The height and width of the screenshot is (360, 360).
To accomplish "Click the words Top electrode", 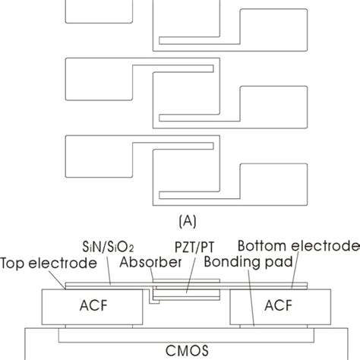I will point(49,264).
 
